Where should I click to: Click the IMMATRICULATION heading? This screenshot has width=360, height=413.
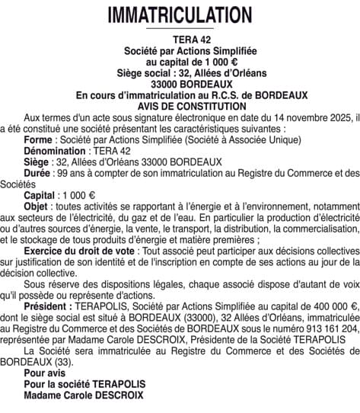(180, 14)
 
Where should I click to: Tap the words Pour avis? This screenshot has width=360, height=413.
(45, 373)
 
